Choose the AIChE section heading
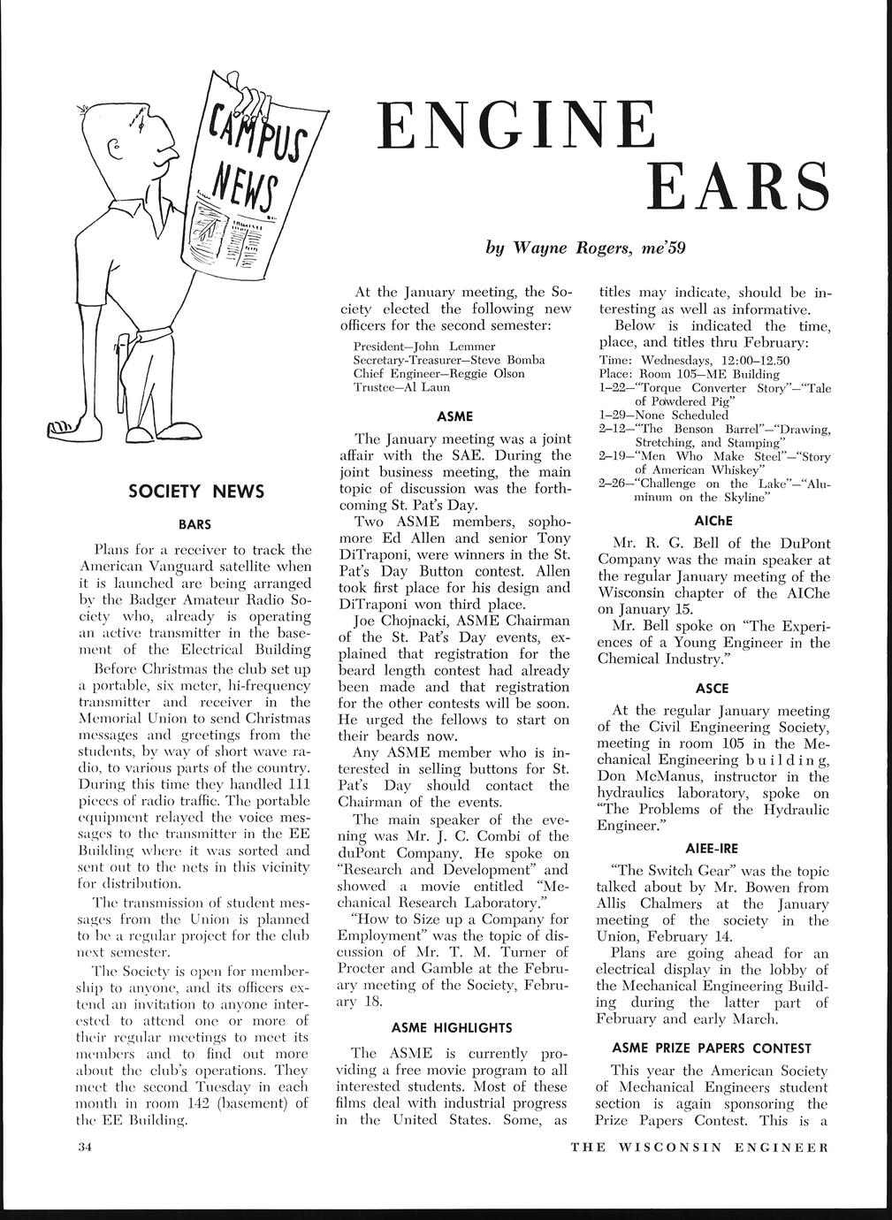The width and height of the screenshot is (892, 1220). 714,520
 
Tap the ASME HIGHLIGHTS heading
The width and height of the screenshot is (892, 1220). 451,1027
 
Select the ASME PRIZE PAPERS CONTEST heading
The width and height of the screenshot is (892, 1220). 712,1048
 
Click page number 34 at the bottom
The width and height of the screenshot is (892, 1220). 83,1148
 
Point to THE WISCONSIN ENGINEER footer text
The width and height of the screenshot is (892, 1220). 699,1148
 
